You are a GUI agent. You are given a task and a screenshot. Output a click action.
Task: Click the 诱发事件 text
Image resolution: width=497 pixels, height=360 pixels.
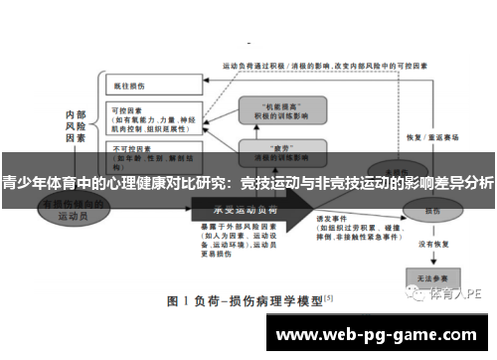[x=330, y=218]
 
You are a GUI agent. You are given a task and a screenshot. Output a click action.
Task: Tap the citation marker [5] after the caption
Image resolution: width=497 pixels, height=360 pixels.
[x=328, y=296]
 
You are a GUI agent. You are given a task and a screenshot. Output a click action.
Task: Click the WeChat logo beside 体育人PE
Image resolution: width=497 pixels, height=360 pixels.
[x=416, y=294]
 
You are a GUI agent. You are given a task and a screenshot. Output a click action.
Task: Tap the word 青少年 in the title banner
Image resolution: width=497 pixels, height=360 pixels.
[x=23, y=183]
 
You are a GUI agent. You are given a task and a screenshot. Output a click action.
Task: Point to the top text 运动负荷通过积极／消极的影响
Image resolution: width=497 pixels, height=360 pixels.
[x=287, y=65]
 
